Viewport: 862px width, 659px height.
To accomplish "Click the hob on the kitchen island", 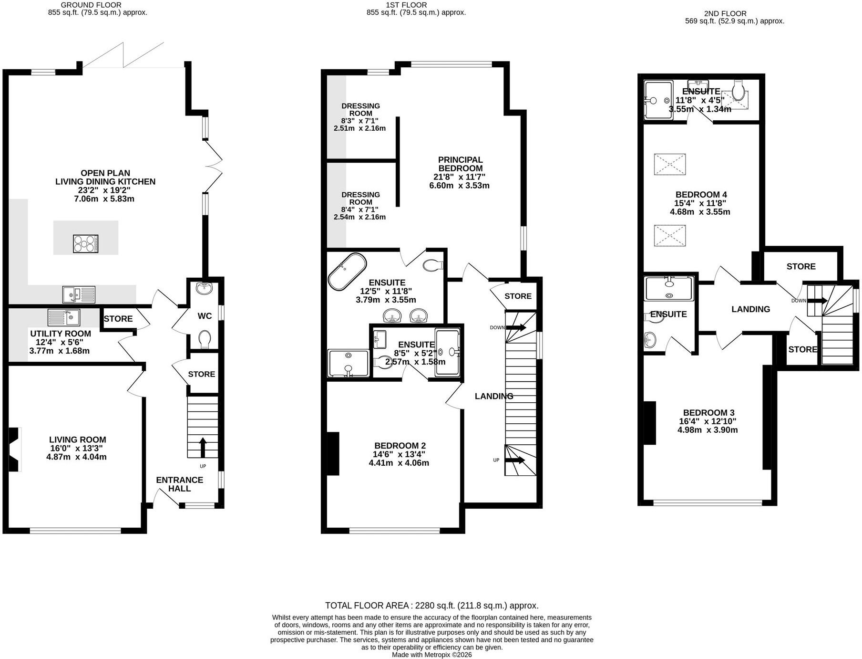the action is pos(86,244).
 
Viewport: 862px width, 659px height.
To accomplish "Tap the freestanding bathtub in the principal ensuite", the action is pos(347,272).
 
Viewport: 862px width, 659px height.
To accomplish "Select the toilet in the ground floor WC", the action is pos(205,339).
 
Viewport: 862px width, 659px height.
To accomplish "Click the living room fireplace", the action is pos(14,450).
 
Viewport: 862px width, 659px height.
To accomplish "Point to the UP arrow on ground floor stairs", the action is pos(202,448).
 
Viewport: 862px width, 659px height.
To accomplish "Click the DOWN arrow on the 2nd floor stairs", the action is pos(817,301).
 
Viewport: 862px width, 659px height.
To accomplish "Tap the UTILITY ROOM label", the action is pos(61,334).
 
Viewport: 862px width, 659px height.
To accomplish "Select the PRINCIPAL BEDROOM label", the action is pos(461,164).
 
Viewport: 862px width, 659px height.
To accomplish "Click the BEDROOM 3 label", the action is pos(708,413).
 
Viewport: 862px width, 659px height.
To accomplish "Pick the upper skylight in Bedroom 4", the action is pos(670,164).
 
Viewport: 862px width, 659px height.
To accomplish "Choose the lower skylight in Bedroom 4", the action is pos(670,236).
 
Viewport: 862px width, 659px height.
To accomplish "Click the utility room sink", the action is pos(64,317).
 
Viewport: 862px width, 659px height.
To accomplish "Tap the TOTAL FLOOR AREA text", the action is pos(432,606).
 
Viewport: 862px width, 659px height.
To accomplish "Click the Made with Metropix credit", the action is pos(432,655).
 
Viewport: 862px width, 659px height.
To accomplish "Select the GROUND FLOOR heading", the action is pos(91,5).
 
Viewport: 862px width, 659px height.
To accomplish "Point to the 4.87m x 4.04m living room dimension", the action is pos(76,457).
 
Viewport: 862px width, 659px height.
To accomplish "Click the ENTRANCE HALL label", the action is pos(180,484).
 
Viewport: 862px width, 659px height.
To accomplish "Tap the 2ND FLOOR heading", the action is pos(725,13).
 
